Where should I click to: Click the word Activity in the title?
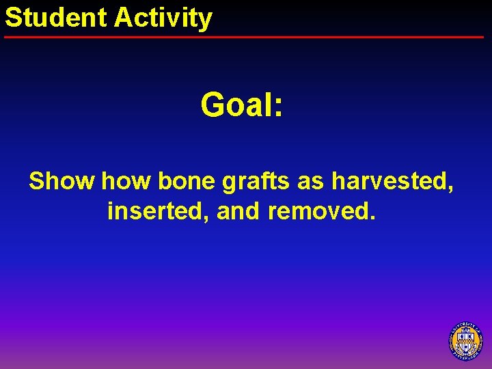point(163,18)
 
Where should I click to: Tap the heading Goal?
point(242,105)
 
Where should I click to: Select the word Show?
point(61,181)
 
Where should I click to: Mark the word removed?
point(318,211)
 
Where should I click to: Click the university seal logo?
point(466,340)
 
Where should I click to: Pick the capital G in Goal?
point(213,105)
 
